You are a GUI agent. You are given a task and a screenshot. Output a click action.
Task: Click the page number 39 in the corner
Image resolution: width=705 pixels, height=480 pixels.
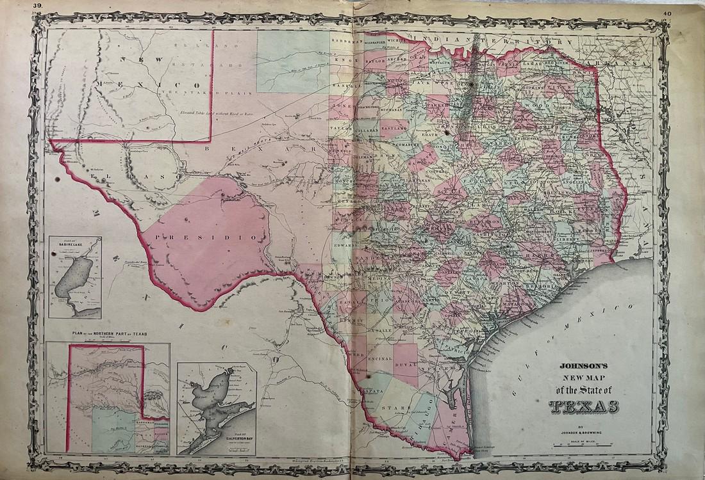coord(38,5)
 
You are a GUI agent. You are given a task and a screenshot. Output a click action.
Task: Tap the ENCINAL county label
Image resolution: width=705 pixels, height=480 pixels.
coord(379,359)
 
